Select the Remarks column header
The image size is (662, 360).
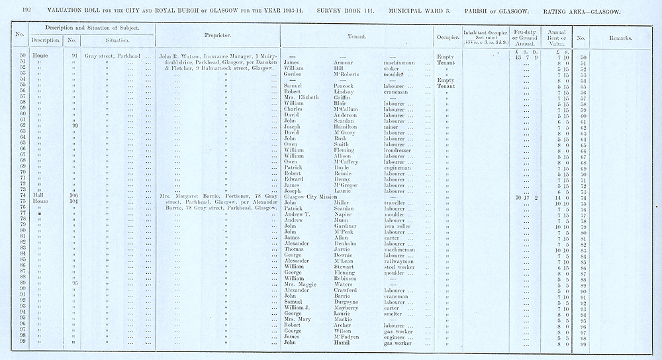tap(620, 38)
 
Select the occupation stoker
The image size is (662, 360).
tap(391, 68)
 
